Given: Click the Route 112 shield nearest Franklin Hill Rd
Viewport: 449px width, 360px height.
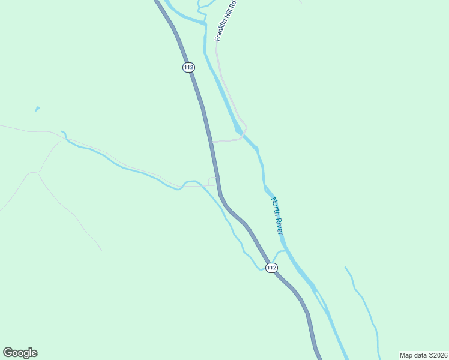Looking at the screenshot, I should [x=188, y=67].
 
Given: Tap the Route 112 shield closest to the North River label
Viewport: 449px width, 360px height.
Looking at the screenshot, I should [x=271, y=268].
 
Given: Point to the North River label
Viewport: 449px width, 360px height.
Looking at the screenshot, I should [x=277, y=215].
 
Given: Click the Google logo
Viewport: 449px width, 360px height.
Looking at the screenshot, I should [x=20, y=353].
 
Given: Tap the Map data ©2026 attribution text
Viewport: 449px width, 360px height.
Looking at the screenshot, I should [x=423, y=355].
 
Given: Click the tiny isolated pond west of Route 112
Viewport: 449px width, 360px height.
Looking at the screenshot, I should [x=37, y=109].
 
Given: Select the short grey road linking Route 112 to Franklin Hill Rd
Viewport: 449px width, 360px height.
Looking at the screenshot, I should [x=227, y=140].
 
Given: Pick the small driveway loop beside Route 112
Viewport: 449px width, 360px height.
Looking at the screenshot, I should [x=212, y=181].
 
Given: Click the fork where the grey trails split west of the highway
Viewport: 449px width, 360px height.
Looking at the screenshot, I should [x=38, y=173].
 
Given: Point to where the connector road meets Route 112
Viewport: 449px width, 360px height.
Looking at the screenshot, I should [x=212, y=142].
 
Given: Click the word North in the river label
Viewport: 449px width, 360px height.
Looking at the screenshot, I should [x=274, y=205].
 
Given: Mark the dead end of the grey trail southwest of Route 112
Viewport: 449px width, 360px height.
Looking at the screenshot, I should [x=102, y=251].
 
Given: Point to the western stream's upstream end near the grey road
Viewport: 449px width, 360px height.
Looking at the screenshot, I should [x=62, y=131].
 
